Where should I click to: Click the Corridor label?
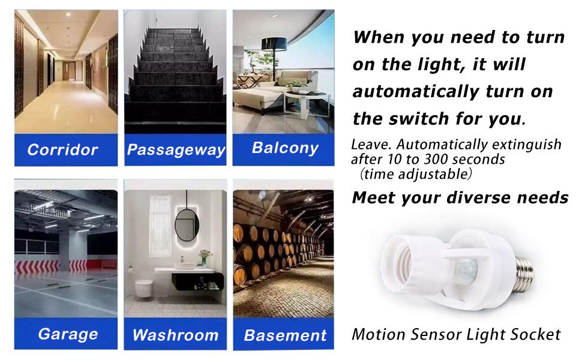click(62, 149)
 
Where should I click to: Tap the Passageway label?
click(176, 150)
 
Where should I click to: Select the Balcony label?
click(285, 148)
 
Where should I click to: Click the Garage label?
click(68, 334)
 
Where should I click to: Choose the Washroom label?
click(175, 335)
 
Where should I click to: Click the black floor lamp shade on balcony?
click(274, 44)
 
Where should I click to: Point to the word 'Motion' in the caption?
click(377, 334)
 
